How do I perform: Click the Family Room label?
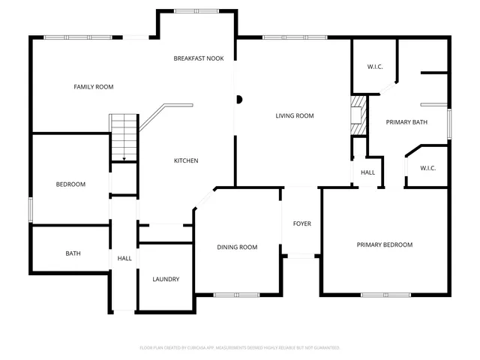click(x=93, y=87)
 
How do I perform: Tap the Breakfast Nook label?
click(x=199, y=58)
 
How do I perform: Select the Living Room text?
click(x=294, y=115)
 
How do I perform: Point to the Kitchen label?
click(x=186, y=160)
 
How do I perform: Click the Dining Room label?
click(x=237, y=247)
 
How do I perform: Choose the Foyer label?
click(x=301, y=223)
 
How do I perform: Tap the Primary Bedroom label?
click(x=384, y=244)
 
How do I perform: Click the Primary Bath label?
click(x=406, y=121)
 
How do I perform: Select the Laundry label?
click(x=166, y=279)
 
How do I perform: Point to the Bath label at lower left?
click(x=73, y=253)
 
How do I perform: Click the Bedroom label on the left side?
click(x=70, y=184)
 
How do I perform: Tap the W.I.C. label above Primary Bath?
click(x=375, y=67)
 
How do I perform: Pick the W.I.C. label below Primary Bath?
click(x=428, y=168)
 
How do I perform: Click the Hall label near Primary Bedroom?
click(x=367, y=172)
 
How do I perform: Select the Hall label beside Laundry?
click(x=124, y=258)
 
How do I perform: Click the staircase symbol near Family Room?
click(x=123, y=137)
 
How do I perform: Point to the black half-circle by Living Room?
click(x=238, y=98)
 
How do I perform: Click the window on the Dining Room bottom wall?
click(x=236, y=295)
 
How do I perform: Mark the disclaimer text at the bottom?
click(x=240, y=348)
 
